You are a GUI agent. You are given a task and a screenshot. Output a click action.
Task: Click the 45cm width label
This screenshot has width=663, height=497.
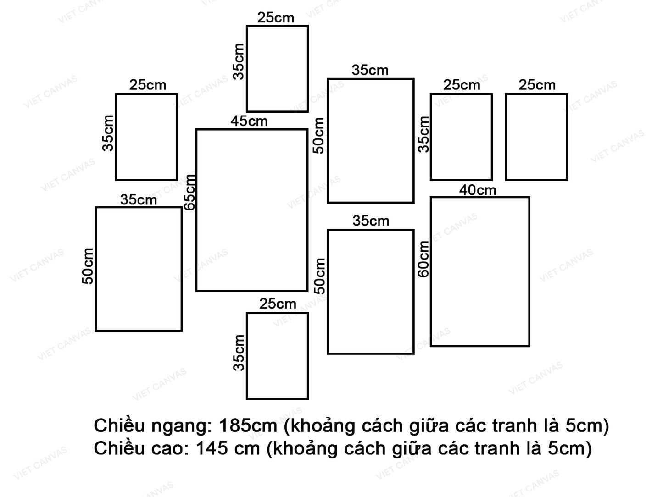pyautogui.click(x=249, y=121)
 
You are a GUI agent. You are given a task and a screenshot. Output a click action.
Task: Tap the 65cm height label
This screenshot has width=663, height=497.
pyautogui.click(x=189, y=192)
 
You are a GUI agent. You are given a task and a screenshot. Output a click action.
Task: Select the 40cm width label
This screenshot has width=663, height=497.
pyautogui.click(x=478, y=190)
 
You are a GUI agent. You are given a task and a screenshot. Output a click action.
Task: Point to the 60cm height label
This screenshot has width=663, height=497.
pyautogui.click(x=424, y=259)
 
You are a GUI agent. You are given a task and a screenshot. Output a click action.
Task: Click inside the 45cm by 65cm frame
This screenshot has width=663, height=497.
pyautogui.click(x=251, y=210)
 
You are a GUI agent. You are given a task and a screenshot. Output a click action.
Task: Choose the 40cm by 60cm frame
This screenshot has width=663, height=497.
pyautogui.click(x=480, y=271)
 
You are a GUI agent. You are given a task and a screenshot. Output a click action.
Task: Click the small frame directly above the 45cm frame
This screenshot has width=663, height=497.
pyautogui.click(x=277, y=69)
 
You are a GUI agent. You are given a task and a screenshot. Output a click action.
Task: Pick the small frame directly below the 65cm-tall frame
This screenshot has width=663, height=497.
pyautogui.click(x=277, y=356)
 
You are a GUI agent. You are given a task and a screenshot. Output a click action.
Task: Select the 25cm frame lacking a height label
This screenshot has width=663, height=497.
pyautogui.click(x=536, y=137)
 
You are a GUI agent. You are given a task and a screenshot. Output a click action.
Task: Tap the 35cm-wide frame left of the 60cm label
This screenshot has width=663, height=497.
pyautogui.click(x=370, y=292)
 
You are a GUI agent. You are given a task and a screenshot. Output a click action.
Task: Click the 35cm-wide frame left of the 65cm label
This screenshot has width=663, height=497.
pyautogui.click(x=139, y=269)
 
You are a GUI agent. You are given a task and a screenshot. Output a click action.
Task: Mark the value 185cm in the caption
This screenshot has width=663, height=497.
pyautogui.click(x=248, y=426)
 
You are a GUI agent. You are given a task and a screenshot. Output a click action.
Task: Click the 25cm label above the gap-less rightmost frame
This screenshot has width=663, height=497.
pyautogui.click(x=537, y=85)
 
